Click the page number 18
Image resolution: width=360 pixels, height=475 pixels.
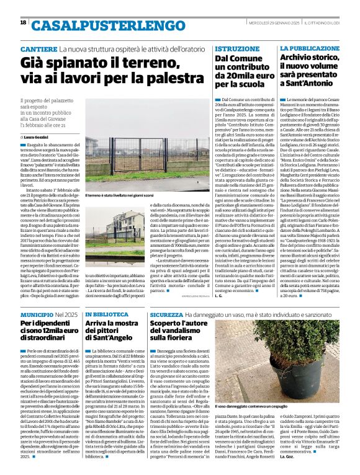[22, 23]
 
